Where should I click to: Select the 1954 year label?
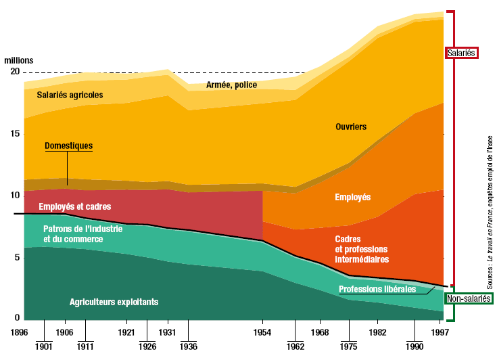(263, 332)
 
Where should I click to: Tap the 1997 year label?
(441, 332)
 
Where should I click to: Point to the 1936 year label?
(189, 346)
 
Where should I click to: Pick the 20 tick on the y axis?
(14, 72)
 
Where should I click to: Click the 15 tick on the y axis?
(14, 134)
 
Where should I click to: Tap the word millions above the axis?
(18, 60)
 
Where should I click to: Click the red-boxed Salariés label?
(462, 53)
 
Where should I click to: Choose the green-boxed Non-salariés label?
(469, 298)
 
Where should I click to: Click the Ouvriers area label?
(351, 127)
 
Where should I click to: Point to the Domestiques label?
(68, 145)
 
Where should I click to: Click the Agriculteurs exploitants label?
(114, 302)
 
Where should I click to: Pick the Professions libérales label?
(377, 290)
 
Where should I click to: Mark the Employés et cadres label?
(74, 206)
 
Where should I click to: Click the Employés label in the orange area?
(353, 197)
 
